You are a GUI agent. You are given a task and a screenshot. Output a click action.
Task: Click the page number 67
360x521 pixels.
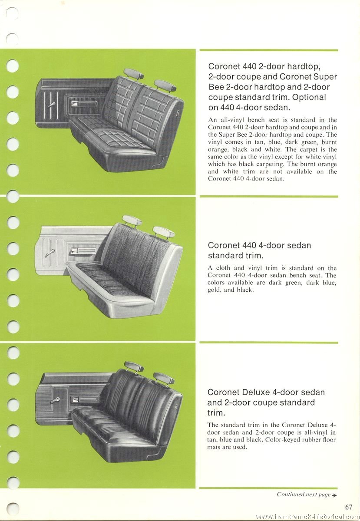[x=349, y=507]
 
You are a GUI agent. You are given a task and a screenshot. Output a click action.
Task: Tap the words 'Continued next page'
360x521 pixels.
[x=304, y=495]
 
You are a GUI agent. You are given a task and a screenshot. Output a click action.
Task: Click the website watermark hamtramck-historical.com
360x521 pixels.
[x=307, y=517]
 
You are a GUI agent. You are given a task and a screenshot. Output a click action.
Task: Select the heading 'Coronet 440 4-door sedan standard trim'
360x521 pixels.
[x=259, y=250]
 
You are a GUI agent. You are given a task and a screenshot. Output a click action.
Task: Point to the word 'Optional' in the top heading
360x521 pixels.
[x=309, y=97]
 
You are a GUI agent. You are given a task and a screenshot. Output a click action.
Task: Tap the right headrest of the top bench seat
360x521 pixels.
[x=165, y=85]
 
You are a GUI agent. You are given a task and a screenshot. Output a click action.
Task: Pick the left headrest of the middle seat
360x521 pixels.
[x=132, y=220]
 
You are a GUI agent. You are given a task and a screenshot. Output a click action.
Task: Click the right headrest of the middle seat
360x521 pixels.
[x=164, y=232]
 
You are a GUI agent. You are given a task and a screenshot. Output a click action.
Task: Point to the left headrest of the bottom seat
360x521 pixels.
[x=134, y=367]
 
